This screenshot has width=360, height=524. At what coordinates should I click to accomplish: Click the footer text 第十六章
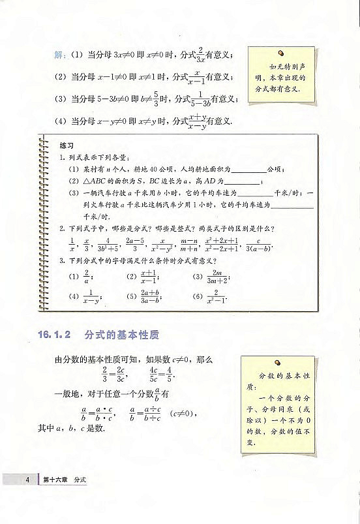coord(55,480)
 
